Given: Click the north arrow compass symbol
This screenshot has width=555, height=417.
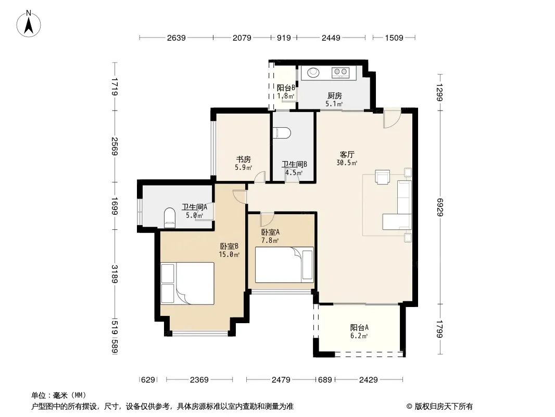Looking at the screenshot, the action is tap(29, 24).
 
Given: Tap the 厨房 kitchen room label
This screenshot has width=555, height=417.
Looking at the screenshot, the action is tap(334, 96).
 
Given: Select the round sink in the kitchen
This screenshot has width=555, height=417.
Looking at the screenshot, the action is tap(313, 72).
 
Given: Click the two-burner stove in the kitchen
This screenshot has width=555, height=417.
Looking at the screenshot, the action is tap(340, 72).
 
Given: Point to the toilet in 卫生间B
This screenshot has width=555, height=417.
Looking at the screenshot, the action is tap(282, 133).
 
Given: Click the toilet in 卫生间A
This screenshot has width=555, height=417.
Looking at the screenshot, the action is tap(170, 217).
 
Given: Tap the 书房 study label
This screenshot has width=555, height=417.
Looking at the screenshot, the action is tap(243, 160).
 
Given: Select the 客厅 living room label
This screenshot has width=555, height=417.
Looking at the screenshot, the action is tap(347, 154).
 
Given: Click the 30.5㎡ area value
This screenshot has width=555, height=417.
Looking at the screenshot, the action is tap(347, 163).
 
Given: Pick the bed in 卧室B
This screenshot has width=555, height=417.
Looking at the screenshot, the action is tap(187, 283).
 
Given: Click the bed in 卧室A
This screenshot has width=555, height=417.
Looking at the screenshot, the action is tap(284, 265).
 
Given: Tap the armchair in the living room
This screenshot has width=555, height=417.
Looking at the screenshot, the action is tap(382, 177).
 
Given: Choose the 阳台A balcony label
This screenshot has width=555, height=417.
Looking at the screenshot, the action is tap(359, 327).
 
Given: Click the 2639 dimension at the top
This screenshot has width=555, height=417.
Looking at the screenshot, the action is tap(176, 38).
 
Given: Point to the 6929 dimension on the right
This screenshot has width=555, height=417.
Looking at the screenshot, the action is tap(439, 207).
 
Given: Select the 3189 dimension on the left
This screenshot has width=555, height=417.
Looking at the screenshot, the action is tap(115, 274).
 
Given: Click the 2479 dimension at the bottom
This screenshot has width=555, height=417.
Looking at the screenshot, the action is tap(281, 380).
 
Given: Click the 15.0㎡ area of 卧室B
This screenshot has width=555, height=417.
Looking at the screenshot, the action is tap(229, 254).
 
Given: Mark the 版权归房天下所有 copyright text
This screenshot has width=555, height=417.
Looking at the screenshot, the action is tap(444, 407).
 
